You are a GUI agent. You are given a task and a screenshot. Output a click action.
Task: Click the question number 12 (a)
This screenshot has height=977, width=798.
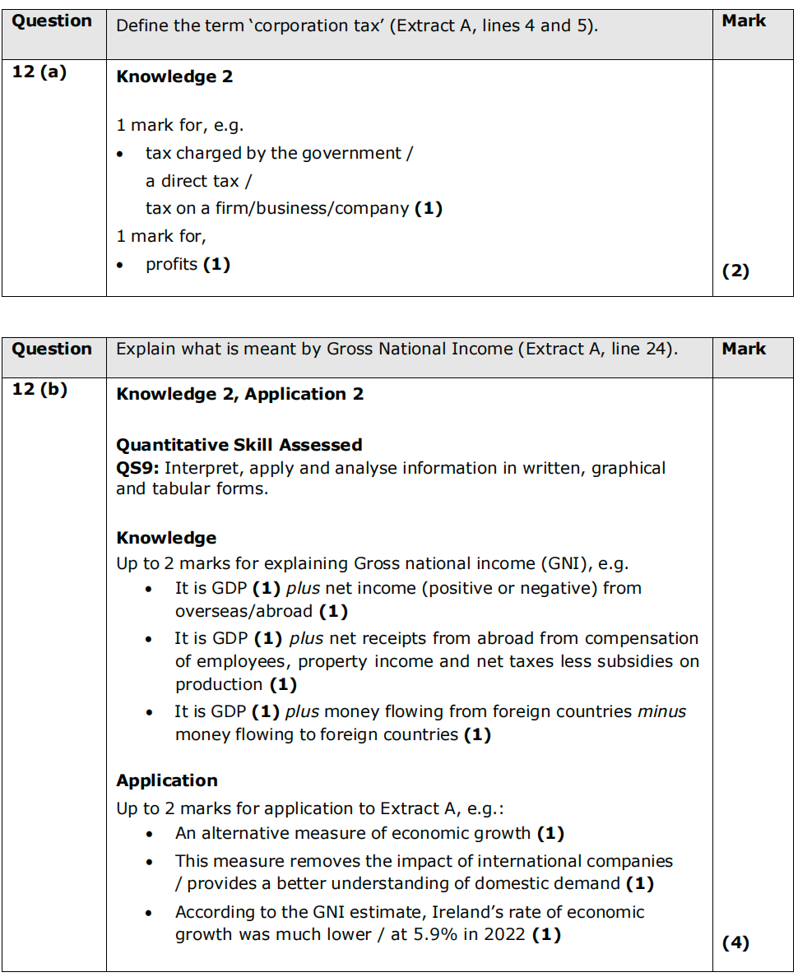39,72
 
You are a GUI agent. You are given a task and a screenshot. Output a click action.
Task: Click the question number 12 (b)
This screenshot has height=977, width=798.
39,389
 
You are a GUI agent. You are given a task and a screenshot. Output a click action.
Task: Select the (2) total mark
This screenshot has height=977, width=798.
735,271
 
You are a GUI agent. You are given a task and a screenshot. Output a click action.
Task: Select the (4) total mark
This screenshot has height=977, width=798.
735,943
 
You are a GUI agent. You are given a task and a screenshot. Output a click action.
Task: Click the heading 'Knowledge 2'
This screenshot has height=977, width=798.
174,76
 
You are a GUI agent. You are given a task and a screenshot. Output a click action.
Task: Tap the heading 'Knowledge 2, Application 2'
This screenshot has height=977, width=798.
239,394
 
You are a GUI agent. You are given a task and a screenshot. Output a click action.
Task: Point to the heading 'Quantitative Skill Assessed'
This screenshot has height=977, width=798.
239,445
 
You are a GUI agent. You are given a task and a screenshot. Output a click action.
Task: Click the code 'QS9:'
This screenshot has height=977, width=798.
137,468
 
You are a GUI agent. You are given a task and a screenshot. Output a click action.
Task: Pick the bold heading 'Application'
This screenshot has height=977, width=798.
167,780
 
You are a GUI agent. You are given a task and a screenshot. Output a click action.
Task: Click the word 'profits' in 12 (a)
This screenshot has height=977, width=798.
171,264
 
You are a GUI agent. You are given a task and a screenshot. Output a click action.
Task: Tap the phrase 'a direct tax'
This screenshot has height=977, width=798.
193,181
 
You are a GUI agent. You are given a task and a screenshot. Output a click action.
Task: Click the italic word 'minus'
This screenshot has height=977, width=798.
661,711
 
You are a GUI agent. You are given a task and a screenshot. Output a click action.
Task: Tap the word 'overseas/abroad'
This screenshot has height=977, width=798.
244,611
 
